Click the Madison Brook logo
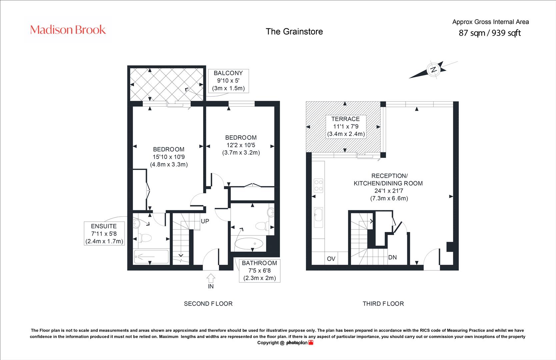pyautogui.click(x=68, y=30)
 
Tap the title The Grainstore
pyautogui.click(x=294, y=32)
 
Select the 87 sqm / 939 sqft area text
pyautogui.click(x=489, y=33)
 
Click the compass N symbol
pyautogui.click(x=433, y=70)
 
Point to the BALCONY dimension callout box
pyautogui.click(x=228, y=81)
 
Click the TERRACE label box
pyautogui.click(x=346, y=127)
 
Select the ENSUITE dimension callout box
pyautogui.click(x=104, y=234)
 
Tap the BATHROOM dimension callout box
pyautogui.click(x=259, y=271)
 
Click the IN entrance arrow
pyautogui.click(x=211, y=278)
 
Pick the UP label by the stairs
pyautogui.click(x=205, y=221)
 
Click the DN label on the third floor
pyautogui.click(x=392, y=257)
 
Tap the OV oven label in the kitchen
pyautogui.click(x=331, y=259)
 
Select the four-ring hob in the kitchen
pyautogui.click(x=318, y=185)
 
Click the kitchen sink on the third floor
pyautogui.click(x=318, y=217)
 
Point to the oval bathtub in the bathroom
pyautogui.click(x=249, y=244)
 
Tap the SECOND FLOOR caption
pyautogui.click(x=208, y=304)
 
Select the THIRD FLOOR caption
pyautogui.click(x=383, y=304)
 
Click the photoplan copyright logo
pyautogui.click(x=300, y=343)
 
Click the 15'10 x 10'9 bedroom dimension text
pyautogui.click(x=169, y=157)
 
